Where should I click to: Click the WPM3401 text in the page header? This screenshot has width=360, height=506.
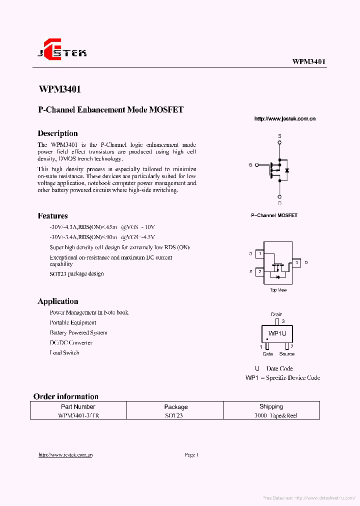coord(308,61)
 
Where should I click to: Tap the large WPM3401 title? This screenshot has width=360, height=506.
coord(59,89)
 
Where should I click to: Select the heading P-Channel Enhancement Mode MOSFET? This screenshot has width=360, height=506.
coord(110,109)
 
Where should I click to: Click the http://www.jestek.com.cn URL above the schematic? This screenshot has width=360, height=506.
coord(284,118)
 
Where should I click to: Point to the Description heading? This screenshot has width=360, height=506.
coord(57,133)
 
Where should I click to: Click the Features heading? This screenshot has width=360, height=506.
coord(52,216)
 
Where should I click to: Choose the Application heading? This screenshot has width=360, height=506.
coord(57,301)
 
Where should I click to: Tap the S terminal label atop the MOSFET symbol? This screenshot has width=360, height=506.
coord(279,136)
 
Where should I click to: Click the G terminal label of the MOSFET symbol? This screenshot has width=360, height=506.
coord(250,164)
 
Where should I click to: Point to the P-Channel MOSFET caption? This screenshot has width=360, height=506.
coord(274,215)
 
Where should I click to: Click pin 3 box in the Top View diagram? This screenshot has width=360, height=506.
coord(296,262)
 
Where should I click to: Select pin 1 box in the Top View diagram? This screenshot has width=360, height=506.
coord(259,254)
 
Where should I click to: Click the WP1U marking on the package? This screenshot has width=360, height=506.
coord(277,333)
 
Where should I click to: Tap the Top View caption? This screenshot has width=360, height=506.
coord(278,290)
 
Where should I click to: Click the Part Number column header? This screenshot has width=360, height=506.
coord(78,406)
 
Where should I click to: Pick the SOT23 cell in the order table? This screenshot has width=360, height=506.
coord(175,415)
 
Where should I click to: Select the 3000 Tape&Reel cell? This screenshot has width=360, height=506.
coord(271,415)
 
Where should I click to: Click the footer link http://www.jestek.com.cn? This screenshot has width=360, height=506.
coord(65,454)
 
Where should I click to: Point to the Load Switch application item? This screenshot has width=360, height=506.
coord(64,353)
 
